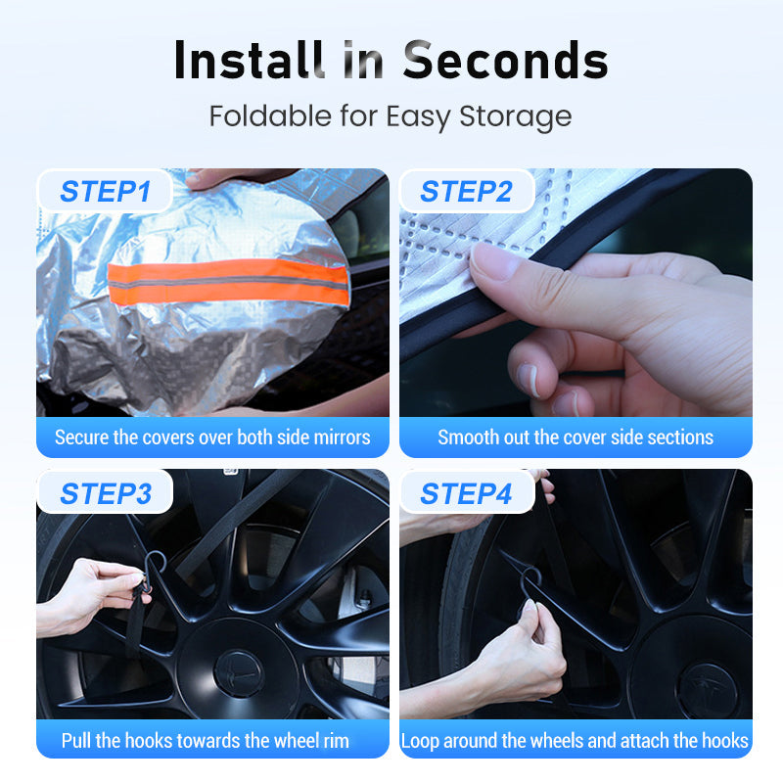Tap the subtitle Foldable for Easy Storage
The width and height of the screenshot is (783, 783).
point(391,116)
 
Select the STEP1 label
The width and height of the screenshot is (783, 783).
point(105,192)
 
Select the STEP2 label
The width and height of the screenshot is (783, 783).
point(466,192)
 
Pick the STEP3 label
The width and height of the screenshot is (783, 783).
point(105,494)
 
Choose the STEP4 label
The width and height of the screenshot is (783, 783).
point(466,494)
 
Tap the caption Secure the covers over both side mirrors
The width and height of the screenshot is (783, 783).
point(212,438)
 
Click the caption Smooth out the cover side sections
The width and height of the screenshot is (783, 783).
point(576,438)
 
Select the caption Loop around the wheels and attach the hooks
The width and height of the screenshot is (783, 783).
point(576,740)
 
